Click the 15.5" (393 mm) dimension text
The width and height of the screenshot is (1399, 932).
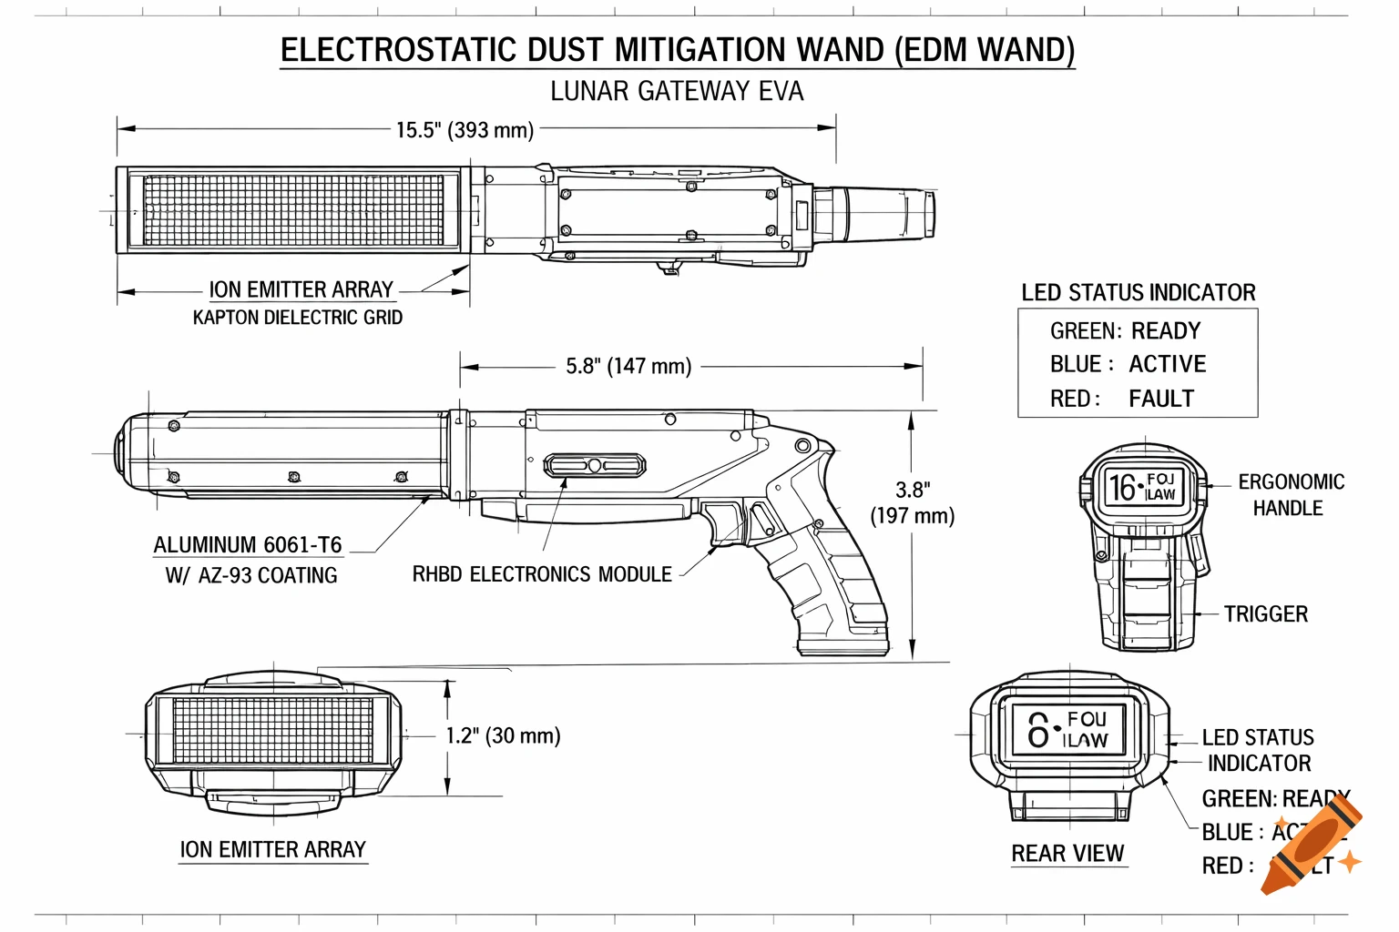pyautogui.click(x=465, y=130)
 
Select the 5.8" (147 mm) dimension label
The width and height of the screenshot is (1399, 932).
pyautogui.click(x=628, y=366)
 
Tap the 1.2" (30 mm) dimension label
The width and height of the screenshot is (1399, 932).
pyautogui.click(x=503, y=735)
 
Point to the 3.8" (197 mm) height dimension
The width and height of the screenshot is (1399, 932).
pyautogui.click(x=912, y=503)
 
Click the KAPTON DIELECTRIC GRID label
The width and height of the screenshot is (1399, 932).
pyautogui.click(x=297, y=318)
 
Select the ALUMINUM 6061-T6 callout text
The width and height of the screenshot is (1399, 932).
pyautogui.click(x=247, y=545)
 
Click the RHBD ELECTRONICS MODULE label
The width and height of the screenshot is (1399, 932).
pyautogui.click(x=542, y=574)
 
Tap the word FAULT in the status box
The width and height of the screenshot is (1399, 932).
pyautogui.click(x=1160, y=399)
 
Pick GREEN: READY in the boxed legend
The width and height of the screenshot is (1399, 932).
pyautogui.click(x=1125, y=330)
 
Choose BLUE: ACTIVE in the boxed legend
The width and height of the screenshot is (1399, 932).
pyautogui.click(x=1128, y=364)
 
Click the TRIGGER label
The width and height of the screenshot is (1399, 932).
pyautogui.click(x=1265, y=614)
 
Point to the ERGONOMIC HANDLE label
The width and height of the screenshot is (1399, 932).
pyautogui.click(x=1290, y=495)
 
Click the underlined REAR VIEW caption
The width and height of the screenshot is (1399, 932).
pyautogui.click(x=1067, y=854)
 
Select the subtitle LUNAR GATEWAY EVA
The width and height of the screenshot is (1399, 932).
pyautogui.click(x=677, y=92)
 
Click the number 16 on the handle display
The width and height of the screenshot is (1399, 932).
pyautogui.click(x=1122, y=488)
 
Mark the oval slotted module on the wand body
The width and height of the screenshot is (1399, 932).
pyautogui.click(x=595, y=466)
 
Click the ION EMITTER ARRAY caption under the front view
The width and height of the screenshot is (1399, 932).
pyautogui.click(x=272, y=850)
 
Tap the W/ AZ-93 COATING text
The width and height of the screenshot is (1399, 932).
pyautogui.click(x=250, y=575)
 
